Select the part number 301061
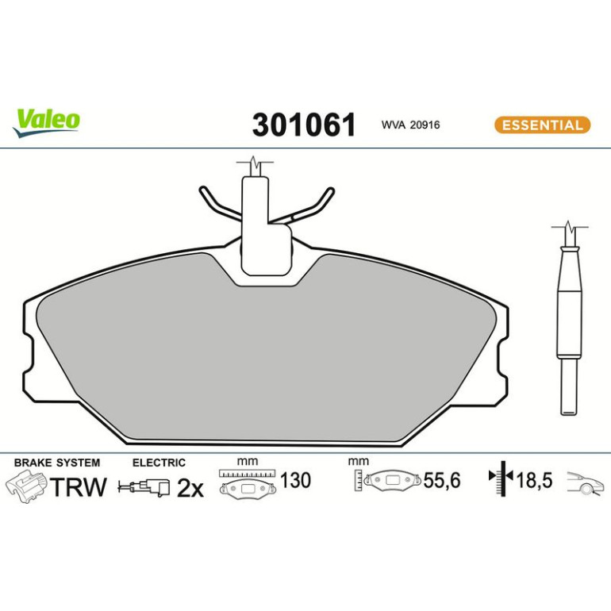click(304, 125)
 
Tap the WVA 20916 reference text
click(410, 125)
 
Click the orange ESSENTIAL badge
click(543, 125)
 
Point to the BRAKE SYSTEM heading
click(57, 463)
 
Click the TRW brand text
click(78, 486)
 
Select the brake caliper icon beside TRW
click(26, 486)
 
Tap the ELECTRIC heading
click(159, 463)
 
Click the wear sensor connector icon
click(144, 487)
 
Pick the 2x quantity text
click(190, 488)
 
